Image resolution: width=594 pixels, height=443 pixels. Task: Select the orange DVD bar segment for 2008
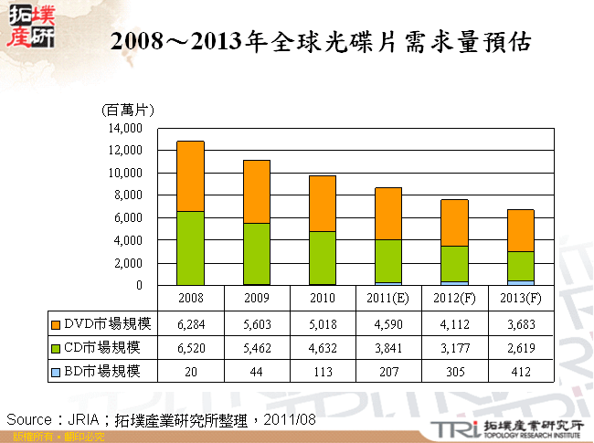click(177, 176)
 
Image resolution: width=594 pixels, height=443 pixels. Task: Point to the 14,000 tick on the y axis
click(124, 127)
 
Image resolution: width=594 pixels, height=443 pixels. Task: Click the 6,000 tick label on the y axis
click(127, 217)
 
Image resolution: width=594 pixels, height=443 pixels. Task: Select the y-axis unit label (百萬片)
click(127, 110)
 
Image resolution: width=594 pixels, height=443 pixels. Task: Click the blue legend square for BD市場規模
click(57, 370)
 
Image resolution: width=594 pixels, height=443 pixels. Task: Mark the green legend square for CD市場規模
click(57, 347)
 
